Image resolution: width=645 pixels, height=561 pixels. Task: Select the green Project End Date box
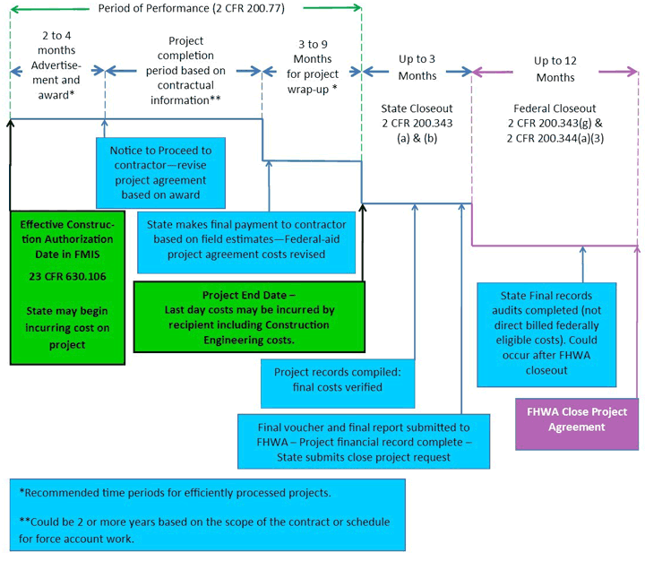[x=249, y=317]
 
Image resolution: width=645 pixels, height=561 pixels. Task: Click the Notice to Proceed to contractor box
[x=160, y=168]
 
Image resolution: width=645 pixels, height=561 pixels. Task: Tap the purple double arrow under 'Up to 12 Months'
[x=555, y=71]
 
